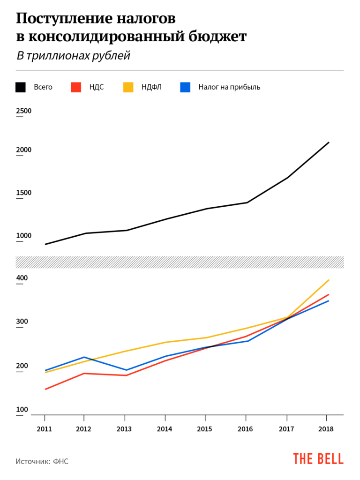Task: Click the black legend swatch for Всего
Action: [21, 87]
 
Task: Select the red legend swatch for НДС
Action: [76, 87]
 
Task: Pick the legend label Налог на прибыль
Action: [229, 87]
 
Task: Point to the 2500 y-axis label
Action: [24, 111]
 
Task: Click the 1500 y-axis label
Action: [24, 193]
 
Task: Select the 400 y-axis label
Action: [22, 278]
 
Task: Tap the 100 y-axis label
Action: [22, 409]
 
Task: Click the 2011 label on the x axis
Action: [45, 429]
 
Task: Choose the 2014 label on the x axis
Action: [165, 429]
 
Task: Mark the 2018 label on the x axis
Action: [326, 429]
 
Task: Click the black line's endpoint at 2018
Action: [329, 142]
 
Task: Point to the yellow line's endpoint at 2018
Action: [329, 280]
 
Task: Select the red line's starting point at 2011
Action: [45, 389]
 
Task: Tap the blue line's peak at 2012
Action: [84, 357]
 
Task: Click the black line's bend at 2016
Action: [247, 202]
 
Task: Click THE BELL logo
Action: [318, 459]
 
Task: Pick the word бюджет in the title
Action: [217, 37]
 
